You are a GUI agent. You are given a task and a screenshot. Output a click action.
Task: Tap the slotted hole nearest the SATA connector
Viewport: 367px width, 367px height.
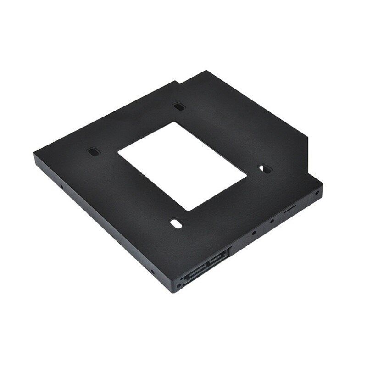pos(176,223)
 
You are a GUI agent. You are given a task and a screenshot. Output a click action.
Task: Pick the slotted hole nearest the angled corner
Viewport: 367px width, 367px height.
pos(264,169)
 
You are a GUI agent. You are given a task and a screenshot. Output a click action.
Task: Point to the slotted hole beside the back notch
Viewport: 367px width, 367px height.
pos(179,107)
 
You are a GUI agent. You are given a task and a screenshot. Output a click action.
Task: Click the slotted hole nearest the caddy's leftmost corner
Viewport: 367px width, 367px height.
pos(93,151)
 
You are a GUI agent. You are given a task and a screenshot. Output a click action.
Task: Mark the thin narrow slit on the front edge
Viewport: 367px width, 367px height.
pos(290,210)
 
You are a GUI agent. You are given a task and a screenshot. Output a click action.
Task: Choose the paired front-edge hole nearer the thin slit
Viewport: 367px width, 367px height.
pos(272,222)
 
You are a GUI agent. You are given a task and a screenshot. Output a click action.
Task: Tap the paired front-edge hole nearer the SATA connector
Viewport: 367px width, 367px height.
pos(254,233)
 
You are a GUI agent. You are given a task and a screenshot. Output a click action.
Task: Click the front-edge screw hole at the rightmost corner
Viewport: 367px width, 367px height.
pos(317,193)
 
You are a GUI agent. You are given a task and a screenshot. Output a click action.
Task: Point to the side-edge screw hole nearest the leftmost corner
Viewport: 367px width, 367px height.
pos(61,187)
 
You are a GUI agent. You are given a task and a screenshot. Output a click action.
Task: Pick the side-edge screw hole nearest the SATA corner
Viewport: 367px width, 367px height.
pos(153,272)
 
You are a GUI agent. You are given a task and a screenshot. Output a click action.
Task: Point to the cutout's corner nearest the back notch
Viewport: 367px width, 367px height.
pos(173,122)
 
